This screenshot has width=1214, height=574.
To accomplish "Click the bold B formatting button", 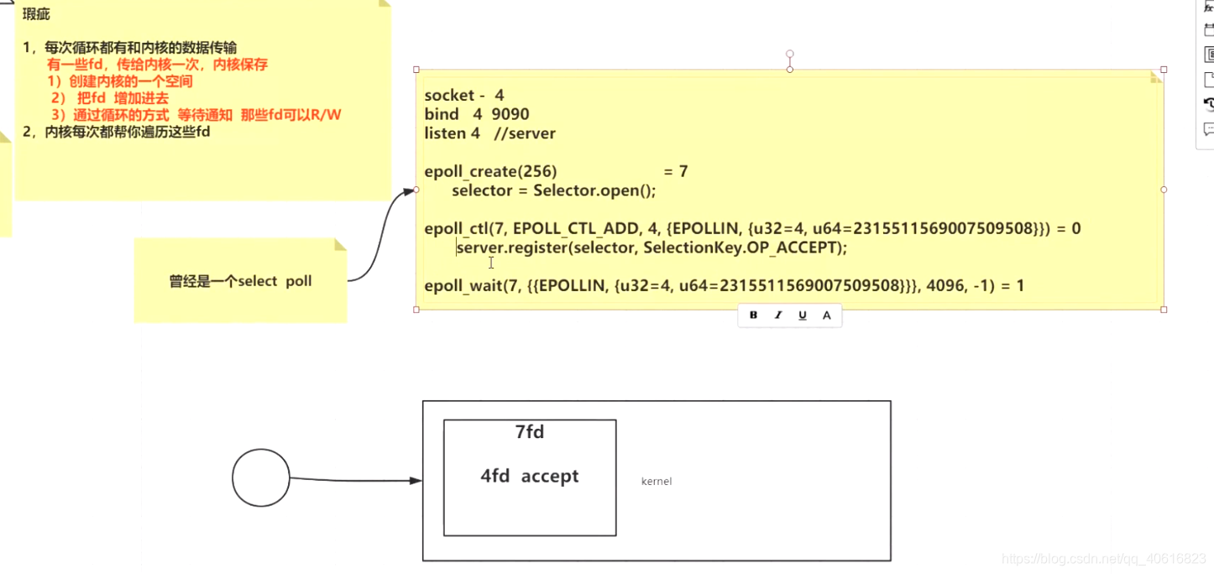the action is pyautogui.click(x=753, y=316).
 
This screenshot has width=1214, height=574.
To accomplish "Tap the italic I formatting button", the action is pyautogui.click(x=778, y=316).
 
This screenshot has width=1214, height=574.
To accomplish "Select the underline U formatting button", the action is pyautogui.click(x=802, y=316).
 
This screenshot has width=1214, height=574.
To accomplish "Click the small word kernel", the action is pyautogui.click(x=657, y=481).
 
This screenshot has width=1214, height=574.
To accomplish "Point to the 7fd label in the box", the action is pyautogui.click(x=530, y=431).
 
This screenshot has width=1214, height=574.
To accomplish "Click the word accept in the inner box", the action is pyautogui.click(x=550, y=476).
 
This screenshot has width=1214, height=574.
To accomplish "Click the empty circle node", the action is pyautogui.click(x=261, y=477).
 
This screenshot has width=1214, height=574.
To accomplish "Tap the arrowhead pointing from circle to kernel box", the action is pyautogui.click(x=416, y=480).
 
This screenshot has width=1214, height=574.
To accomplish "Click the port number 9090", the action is pyautogui.click(x=510, y=114).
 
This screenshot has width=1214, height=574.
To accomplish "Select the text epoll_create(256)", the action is pyautogui.click(x=490, y=172).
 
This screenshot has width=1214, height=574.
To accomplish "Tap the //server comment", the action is pyautogui.click(x=525, y=133).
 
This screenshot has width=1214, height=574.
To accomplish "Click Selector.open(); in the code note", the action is pyautogui.click(x=594, y=190).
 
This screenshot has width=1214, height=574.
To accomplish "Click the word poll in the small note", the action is pyautogui.click(x=299, y=281).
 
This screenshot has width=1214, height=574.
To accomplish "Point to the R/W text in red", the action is pyautogui.click(x=326, y=115).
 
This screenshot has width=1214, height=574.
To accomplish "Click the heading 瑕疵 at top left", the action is pyautogui.click(x=36, y=14).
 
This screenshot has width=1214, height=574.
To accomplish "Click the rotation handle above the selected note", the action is pyautogui.click(x=790, y=54).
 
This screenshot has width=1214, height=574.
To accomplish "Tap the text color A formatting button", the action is pyautogui.click(x=826, y=316).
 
